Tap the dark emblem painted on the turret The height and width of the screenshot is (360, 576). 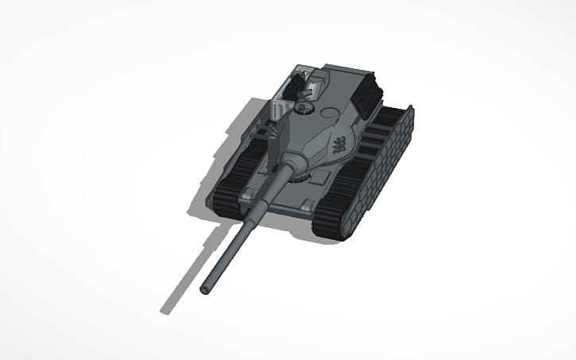pyautogui.click(x=338, y=144)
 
